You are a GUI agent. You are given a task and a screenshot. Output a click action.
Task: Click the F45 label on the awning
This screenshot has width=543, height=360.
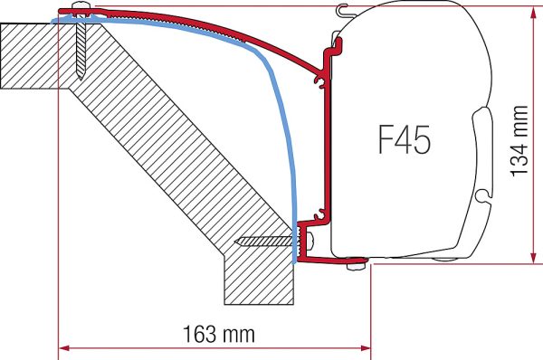pos(405,139)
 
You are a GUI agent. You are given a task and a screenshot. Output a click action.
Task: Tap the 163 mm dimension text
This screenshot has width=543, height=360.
pos(218,335)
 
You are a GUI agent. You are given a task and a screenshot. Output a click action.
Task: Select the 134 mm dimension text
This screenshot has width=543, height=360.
pos(519,141)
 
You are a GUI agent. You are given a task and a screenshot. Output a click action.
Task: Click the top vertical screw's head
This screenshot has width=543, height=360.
pos(81,6)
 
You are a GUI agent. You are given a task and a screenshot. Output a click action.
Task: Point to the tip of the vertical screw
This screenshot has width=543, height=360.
pos(81,79)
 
